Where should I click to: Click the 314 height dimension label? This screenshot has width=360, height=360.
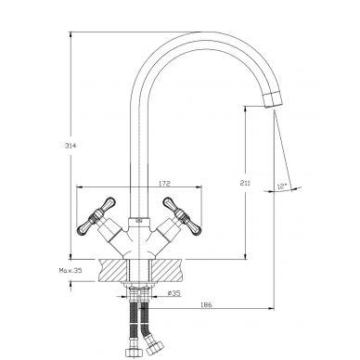click(x=71, y=146)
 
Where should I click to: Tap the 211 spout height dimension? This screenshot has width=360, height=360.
click(x=246, y=184)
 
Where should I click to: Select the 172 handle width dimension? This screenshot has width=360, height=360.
click(x=164, y=183)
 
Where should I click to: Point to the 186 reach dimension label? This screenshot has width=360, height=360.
click(x=207, y=304)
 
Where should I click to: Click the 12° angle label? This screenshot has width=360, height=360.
click(x=282, y=186)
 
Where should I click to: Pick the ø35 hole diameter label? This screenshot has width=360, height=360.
click(x=174, y=292)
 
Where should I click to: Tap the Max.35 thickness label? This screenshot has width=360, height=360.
click(x=71, y=270)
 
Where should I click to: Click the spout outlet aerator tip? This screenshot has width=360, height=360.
click(x=274, y=99)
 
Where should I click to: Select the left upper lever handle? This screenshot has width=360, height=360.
click(x=109, y=203)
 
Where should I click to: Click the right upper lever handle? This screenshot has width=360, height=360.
click(x=169, y=203)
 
